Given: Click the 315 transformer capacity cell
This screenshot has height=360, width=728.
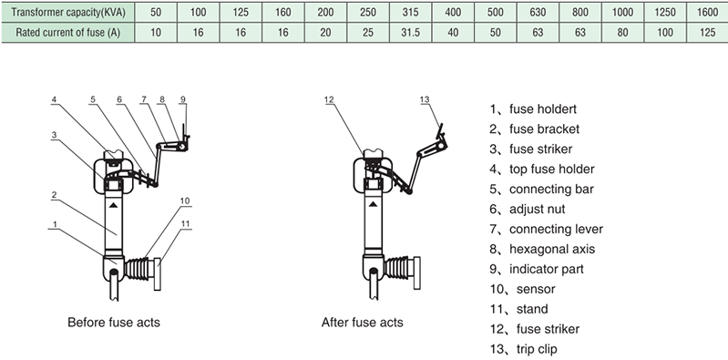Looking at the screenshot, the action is (x=410, y=12).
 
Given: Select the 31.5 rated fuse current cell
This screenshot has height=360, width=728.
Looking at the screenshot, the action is (x=410, y=33).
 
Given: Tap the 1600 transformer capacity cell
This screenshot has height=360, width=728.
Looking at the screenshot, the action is (x=707, y=12).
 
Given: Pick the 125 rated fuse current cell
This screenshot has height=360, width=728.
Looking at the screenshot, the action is (x=707, y=33).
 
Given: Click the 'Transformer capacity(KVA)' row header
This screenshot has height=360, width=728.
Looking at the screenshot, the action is (x=68, y=12).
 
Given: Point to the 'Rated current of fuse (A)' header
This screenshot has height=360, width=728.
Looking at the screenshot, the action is (x=68, y=33).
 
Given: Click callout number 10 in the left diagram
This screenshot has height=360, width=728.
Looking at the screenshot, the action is (x=185, y=201).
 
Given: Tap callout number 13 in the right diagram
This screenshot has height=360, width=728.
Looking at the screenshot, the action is (x=425, y=99).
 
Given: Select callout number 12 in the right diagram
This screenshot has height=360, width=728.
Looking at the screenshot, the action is (x=329, y=99).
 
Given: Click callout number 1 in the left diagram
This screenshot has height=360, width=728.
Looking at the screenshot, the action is (x=55, y=224).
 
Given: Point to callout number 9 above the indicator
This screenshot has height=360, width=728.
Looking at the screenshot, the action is (x=183, y=99).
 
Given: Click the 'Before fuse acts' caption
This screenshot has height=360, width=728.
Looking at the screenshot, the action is (x=114, y=323).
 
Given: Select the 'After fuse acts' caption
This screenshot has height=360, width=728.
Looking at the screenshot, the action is (x=362, y=323).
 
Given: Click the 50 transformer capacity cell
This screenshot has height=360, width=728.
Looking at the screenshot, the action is (x=156, y=12).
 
